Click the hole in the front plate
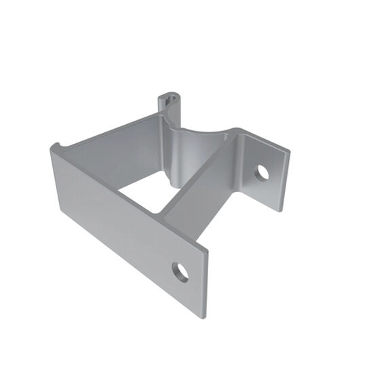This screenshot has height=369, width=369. (180, 272)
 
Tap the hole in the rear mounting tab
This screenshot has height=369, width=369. (262, 172)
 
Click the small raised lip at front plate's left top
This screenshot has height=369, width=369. (54, 147)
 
